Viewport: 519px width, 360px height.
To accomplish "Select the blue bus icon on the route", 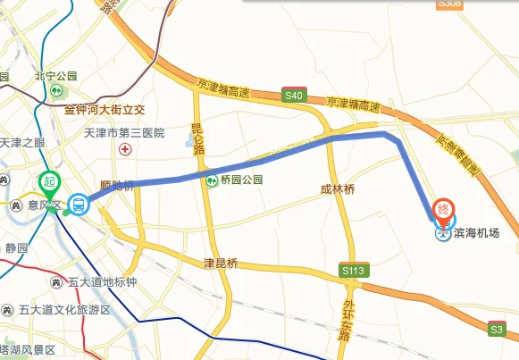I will coord(79,205).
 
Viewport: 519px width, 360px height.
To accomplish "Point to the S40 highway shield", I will coord(293,94).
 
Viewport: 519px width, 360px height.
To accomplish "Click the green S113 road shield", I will coord(354,269).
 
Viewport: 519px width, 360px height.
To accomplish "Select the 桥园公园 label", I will coord(238,180).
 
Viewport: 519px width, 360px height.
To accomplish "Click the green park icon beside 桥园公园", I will coord(212,180).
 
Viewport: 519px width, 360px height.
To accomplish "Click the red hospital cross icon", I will coord(126,149).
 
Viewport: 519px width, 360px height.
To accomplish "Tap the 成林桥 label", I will coord(338,189).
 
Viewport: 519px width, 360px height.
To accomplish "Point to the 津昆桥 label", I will coord(221,264).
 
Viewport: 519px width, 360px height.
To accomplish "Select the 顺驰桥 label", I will coord(117,186).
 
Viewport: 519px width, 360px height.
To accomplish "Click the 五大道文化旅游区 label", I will coord(67,310).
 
